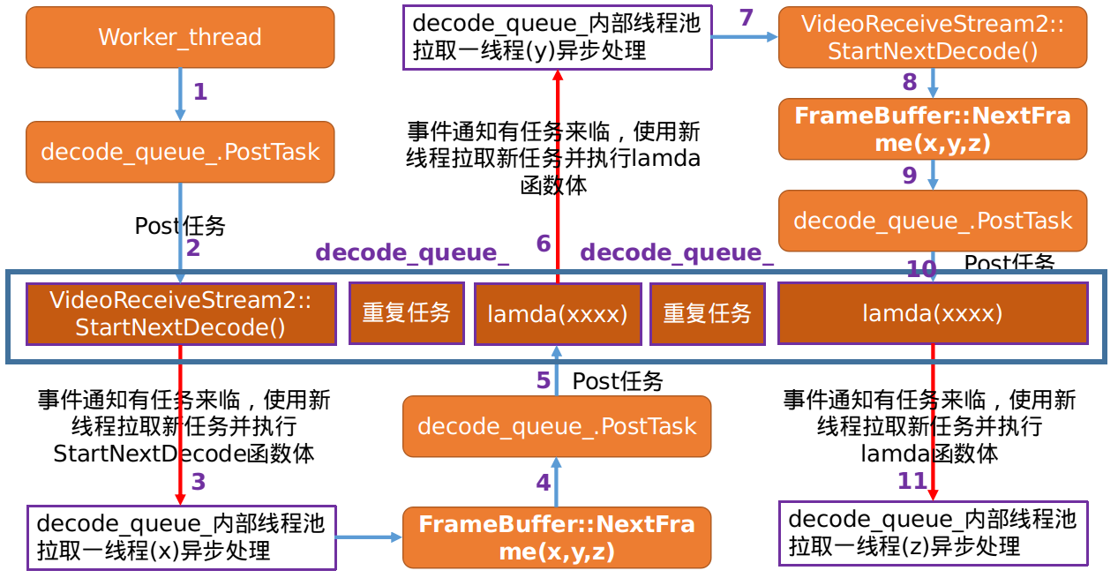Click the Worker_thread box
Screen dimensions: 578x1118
[180, 37]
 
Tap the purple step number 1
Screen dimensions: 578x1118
[199, 92]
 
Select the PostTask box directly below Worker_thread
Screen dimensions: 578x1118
[180, 152]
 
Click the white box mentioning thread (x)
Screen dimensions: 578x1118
[181, 537]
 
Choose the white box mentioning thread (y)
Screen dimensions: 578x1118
[557, 38]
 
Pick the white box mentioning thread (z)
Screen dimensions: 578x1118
[933, 533]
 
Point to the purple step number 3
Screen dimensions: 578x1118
[199, 482]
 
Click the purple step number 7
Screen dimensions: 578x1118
[747, 18]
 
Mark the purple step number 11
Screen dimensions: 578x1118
[912, 481]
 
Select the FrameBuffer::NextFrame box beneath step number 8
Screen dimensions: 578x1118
[933, 129]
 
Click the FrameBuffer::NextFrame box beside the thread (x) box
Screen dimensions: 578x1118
[557, 537]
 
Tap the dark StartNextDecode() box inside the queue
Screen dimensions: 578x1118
[181, 313]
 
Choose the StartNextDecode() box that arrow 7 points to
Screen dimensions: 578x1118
[933, 37]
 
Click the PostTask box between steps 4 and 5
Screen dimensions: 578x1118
[557, 427]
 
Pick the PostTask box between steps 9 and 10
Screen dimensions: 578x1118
[933, 221]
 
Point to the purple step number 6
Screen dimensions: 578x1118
[544, 244]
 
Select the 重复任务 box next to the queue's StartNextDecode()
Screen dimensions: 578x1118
[407, 312]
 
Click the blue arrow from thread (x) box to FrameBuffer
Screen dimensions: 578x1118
[369, 537]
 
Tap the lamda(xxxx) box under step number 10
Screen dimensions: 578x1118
[933, 312]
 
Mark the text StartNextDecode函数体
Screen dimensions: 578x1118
[184, 454]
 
